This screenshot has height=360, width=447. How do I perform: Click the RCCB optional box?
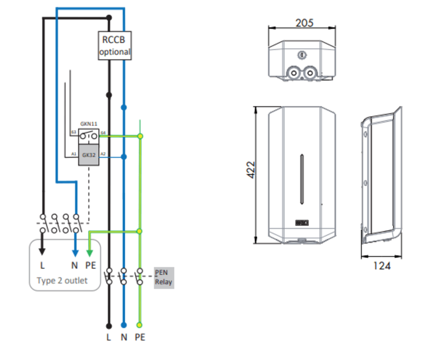pos(114,45)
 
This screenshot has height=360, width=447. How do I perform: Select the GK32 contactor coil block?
pos(88,156)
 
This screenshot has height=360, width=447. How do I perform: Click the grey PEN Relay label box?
pos(164,277)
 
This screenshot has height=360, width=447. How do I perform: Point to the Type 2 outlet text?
pos(62,281)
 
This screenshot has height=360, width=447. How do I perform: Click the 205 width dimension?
pos(304,23)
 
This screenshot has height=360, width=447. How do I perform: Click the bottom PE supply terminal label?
pos(139,337)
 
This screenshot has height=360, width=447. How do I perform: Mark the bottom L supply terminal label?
pos(109,337)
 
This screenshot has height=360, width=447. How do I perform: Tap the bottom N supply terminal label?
pos(124,337)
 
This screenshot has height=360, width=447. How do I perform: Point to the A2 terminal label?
pos(104,153)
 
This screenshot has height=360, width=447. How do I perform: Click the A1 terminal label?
pos(74,153)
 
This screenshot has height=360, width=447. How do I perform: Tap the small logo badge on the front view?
pos(301,223)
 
